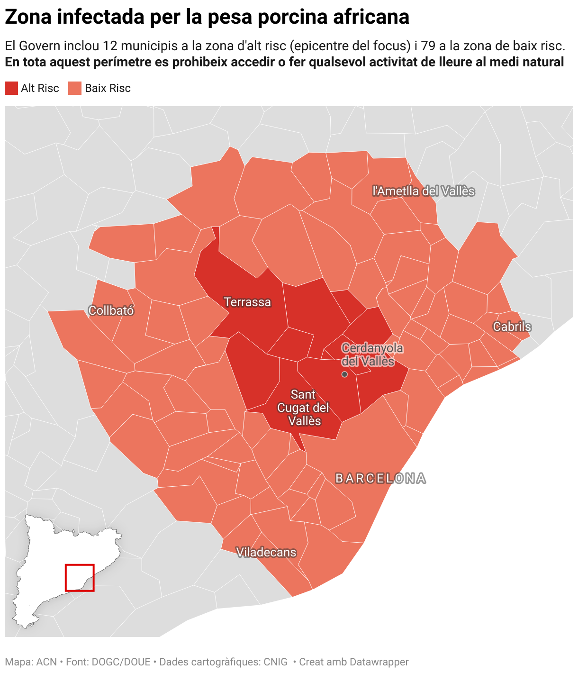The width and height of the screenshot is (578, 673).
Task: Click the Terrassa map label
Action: point(247,302)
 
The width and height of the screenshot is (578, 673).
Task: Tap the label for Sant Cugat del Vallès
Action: point(303,408)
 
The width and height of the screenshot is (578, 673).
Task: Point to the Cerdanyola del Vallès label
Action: point(372,355)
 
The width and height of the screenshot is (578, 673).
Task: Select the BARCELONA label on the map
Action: point(380,479)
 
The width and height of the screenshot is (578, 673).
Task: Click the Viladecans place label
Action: point(266,552)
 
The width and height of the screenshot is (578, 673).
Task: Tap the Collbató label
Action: point(111,311)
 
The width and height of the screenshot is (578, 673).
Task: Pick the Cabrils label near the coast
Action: point(512,327)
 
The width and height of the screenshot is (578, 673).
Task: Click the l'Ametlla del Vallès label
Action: point(423,191)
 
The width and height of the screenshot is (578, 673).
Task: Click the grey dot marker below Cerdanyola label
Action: point(344,374)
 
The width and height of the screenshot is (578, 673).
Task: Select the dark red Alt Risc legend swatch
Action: point(11,88)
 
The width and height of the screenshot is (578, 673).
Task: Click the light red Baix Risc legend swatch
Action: point(75,88)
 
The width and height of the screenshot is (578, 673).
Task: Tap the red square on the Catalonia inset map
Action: point(80,577)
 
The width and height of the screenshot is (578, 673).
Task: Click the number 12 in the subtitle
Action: point(110,46)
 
